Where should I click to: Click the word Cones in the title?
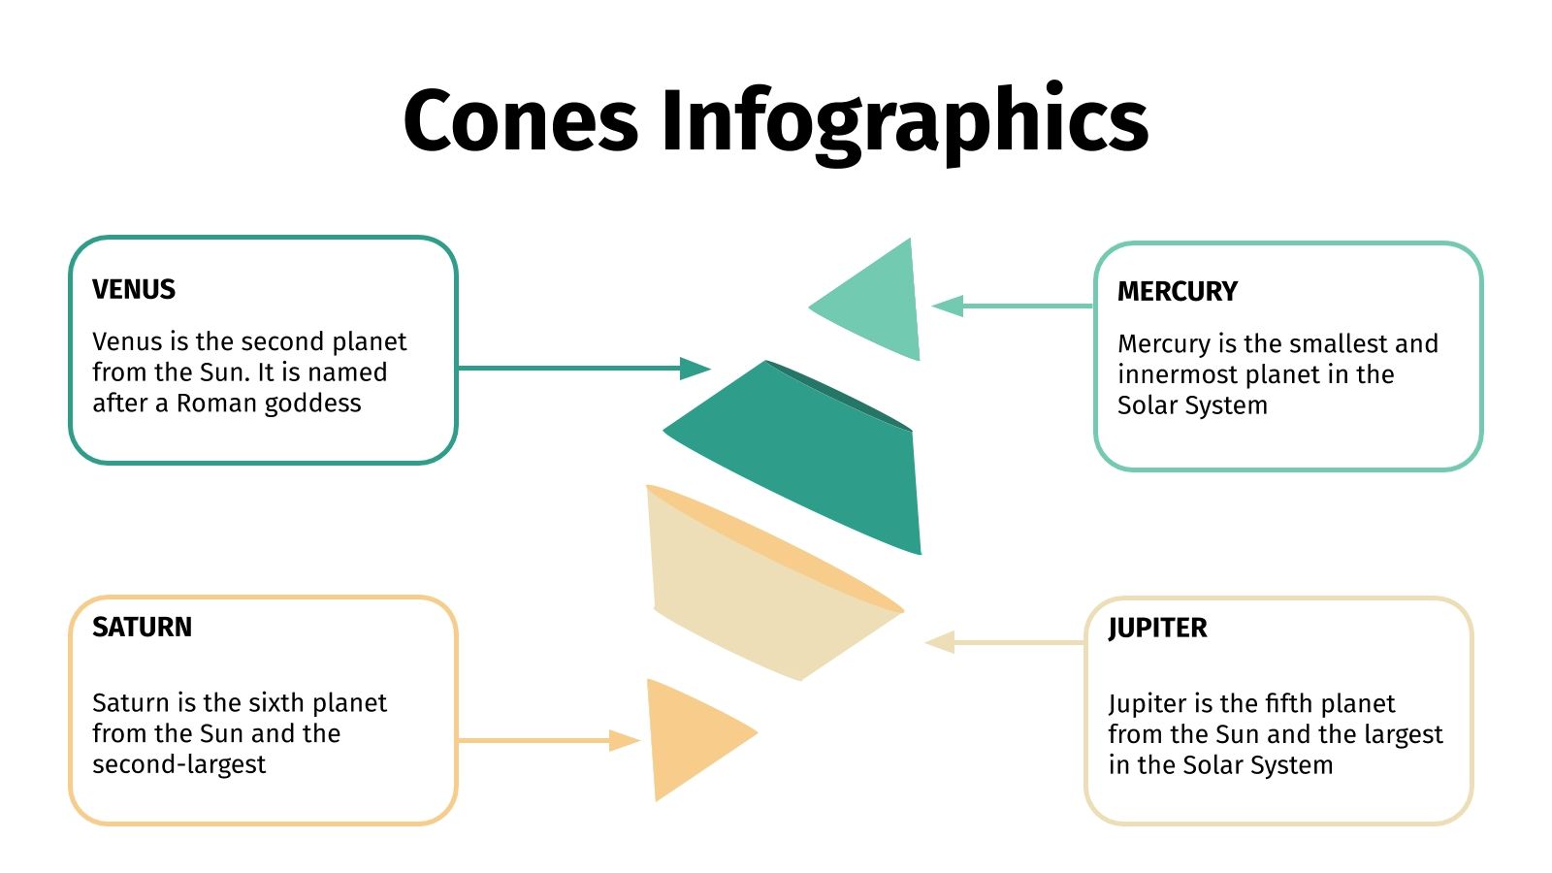(520, 120)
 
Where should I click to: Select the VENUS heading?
(134, 289)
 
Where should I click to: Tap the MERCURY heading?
(1177, 291)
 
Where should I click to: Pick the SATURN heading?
(142, 627)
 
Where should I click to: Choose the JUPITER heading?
(1157, 628)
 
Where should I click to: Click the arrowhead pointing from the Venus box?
(695, 369)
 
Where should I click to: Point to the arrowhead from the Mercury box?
(948, 307)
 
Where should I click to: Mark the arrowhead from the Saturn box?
(625, 741)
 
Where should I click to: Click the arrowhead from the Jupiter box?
(940, 642)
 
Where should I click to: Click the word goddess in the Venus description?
(315, 404)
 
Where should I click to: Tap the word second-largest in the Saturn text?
(178, 764)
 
